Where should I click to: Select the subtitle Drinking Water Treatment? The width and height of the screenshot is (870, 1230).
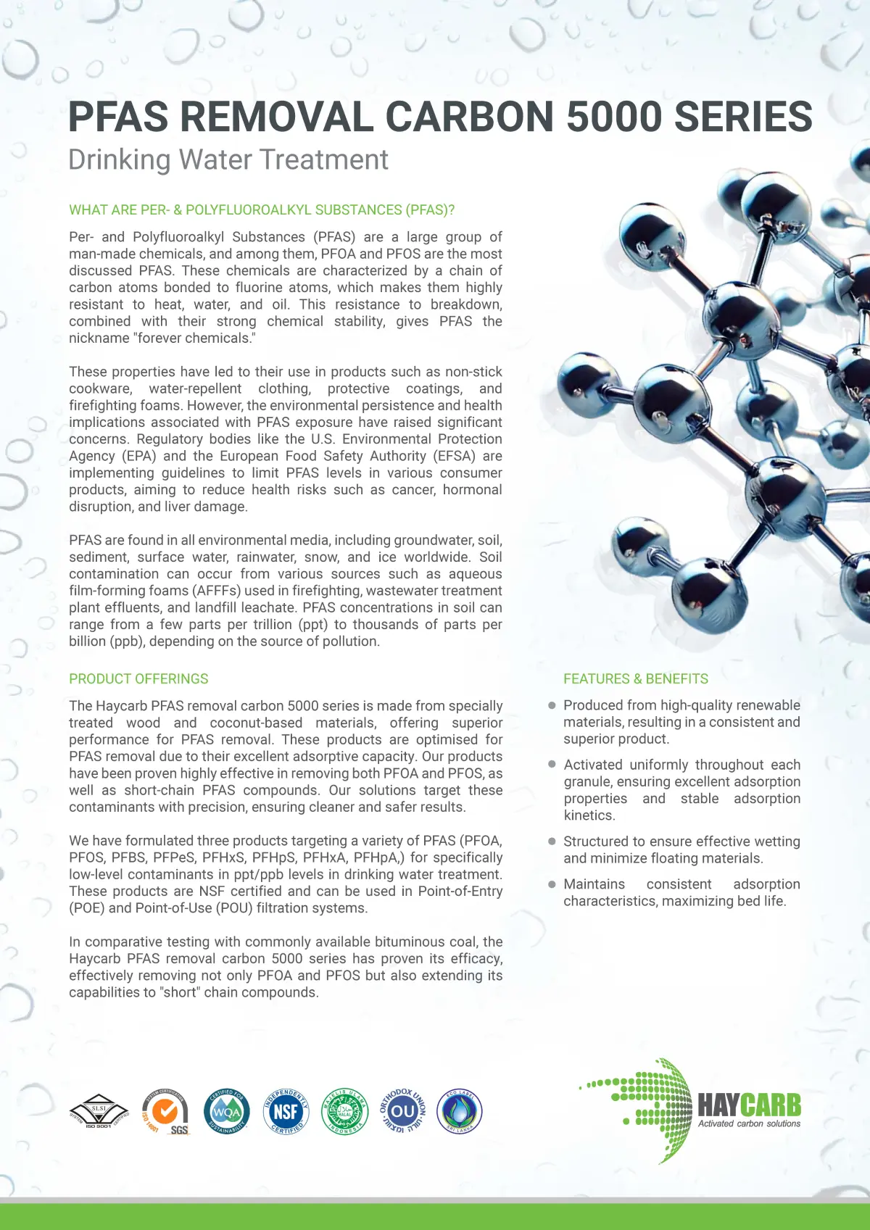(x=228, y=159)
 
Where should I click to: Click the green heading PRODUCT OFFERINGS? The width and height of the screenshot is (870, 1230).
(x=138, y=678)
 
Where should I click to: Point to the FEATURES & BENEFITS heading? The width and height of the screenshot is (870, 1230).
(x=636, y=678)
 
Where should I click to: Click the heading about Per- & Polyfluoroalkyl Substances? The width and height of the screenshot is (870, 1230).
(x=262, y=209)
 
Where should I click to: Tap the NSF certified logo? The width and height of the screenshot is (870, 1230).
(x=286, y=1111)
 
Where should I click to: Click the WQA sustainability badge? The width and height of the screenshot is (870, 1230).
(x=227, y=1111)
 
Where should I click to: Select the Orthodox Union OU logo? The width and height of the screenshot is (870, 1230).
(x=402, y=1111)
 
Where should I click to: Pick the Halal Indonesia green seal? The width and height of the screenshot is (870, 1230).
(x=344, y=1111)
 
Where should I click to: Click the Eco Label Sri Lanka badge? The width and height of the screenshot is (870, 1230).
(x=460, y=1111)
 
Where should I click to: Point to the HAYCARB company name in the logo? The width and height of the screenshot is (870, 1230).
(x=749, y=1105)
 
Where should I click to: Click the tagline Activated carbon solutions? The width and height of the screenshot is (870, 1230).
(x=749, y=1123)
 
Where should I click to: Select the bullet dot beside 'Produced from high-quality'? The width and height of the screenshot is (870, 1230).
(x=552, y=705)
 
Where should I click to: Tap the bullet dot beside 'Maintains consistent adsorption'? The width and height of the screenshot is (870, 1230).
(x=552, y=884)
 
